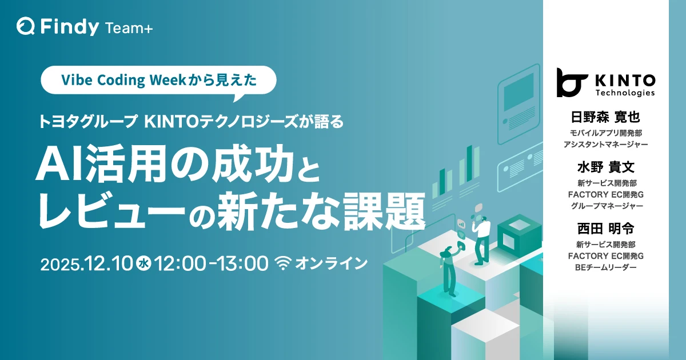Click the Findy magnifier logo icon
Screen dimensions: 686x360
[x=25, y=26]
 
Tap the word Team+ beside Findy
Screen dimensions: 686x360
[x=129, y=29]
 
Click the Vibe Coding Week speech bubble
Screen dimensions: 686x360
[x=159, y=81]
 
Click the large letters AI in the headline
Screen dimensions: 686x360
[x=60, y=167]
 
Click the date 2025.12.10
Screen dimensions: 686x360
[x=87, y=264]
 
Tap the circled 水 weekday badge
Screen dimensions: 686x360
[x=143, y=264]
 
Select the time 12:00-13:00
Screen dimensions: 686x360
[x=212, y=264]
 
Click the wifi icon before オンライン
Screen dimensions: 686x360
[x=283, y=263]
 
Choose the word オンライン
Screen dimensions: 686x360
[x=331, y=263]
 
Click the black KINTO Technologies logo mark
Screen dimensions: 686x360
[x=571, y=83]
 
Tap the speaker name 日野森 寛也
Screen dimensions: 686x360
[x=605, y=118]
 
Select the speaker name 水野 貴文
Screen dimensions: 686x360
[x=605, y=167]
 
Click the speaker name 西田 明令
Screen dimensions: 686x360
[x=605, y=229]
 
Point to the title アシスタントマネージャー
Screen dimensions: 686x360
[x=605, y=145]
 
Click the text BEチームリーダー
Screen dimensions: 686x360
[x=605, y=267]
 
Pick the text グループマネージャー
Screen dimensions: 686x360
[x=605, y=206]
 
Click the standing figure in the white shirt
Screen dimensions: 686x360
[x=481, y=240]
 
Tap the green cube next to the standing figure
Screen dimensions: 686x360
[x=519, y=235]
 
